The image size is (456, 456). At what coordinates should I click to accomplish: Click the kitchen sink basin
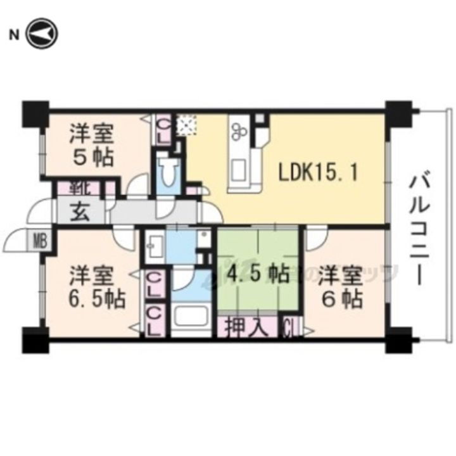(x=240, y=170)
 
